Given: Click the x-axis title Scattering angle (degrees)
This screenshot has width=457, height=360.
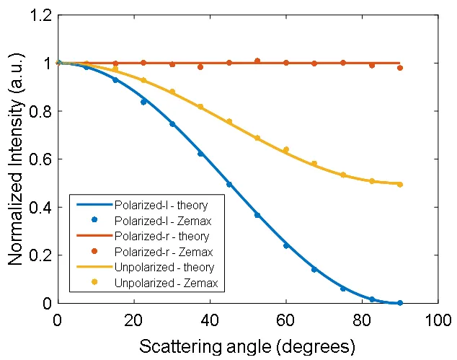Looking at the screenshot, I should pyautogui.click(x=247, y=346).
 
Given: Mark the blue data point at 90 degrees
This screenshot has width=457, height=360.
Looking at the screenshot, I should pyautogui.click(x=400, y=303).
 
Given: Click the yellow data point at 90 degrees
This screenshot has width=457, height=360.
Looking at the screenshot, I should pyautogui.click(x=400, y=185).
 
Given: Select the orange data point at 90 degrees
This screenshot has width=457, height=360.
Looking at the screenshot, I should pyautogui.click(x=400, y=68).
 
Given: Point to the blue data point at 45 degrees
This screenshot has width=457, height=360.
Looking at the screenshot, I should pyautogui.click(x=229, y=185).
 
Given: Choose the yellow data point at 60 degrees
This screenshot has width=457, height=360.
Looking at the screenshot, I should pyautogui.click(x=286, y=150).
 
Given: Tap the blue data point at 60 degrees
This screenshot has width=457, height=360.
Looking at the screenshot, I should pyautogui.click(x=286, y=246).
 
